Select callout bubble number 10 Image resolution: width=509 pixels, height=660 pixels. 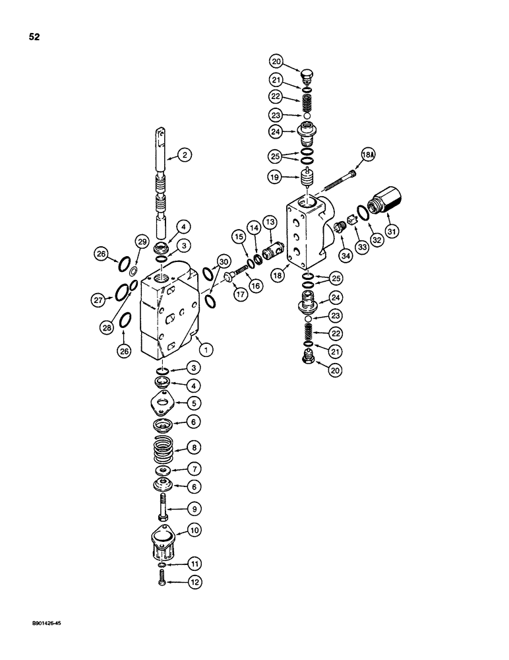coord(194,529)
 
